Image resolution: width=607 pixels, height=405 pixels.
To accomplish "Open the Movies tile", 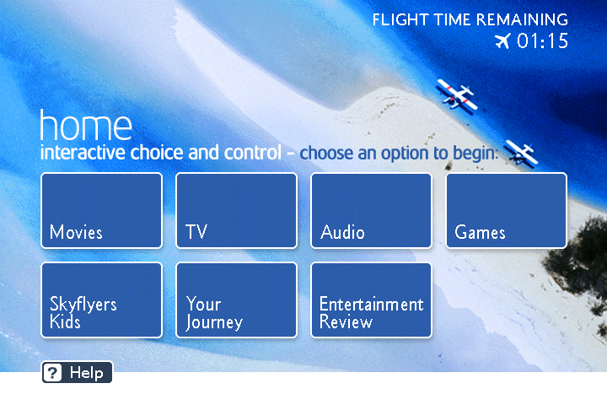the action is coord(101,210).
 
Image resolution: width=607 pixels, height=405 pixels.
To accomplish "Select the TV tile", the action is coord(237,210).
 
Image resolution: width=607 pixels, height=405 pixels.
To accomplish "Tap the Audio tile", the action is coord(371,210).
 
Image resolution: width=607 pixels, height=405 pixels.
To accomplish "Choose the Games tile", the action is coord(507,210).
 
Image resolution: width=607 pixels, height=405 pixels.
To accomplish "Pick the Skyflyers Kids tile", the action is coord(101,300).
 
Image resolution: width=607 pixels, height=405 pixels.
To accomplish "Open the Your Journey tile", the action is coord(237,300).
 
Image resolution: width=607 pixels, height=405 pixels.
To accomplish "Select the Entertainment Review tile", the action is coord(371,300).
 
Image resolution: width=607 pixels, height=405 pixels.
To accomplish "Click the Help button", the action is coord(77,372).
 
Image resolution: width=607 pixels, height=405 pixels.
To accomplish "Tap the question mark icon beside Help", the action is coord(52,373).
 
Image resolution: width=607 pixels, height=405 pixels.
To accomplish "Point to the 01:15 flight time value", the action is coord(543,40).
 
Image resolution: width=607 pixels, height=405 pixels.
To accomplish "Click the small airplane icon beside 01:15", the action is coord(502,40).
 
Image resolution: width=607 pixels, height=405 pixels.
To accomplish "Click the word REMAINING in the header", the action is coord(522,19).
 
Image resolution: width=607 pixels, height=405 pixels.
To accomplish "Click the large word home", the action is coord(86,125).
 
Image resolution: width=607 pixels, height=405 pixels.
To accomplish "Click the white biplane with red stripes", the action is coord(457,95).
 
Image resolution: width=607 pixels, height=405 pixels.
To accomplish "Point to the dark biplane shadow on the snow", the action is coord(522,153).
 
